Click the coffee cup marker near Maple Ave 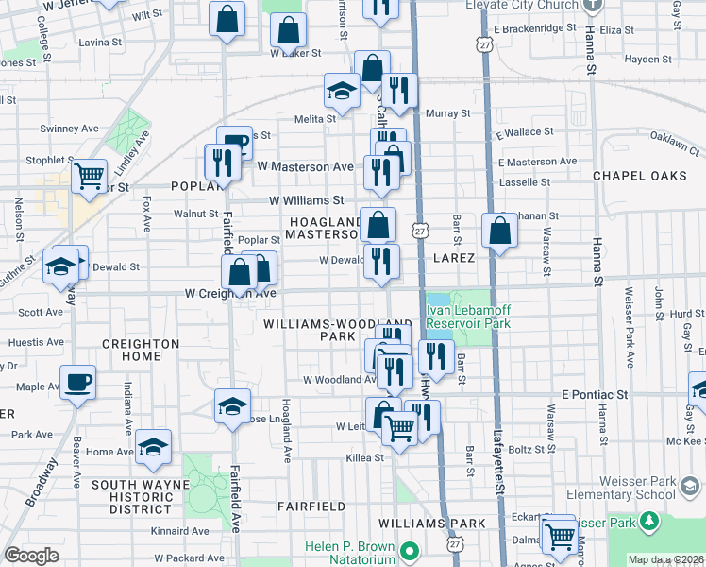(x=77, y=383)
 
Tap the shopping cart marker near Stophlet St (x=88, y=175)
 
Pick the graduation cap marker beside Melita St (x=341, y=91)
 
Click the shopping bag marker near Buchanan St (x=499, y=231)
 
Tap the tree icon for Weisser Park (x=648, y=521)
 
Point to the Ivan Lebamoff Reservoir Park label (x=469, y=317)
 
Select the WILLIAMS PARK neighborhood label (x=431, y=524)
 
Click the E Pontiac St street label (x=595, y=392)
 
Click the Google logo (x=32, y=556)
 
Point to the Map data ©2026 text (x=665, y=559)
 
